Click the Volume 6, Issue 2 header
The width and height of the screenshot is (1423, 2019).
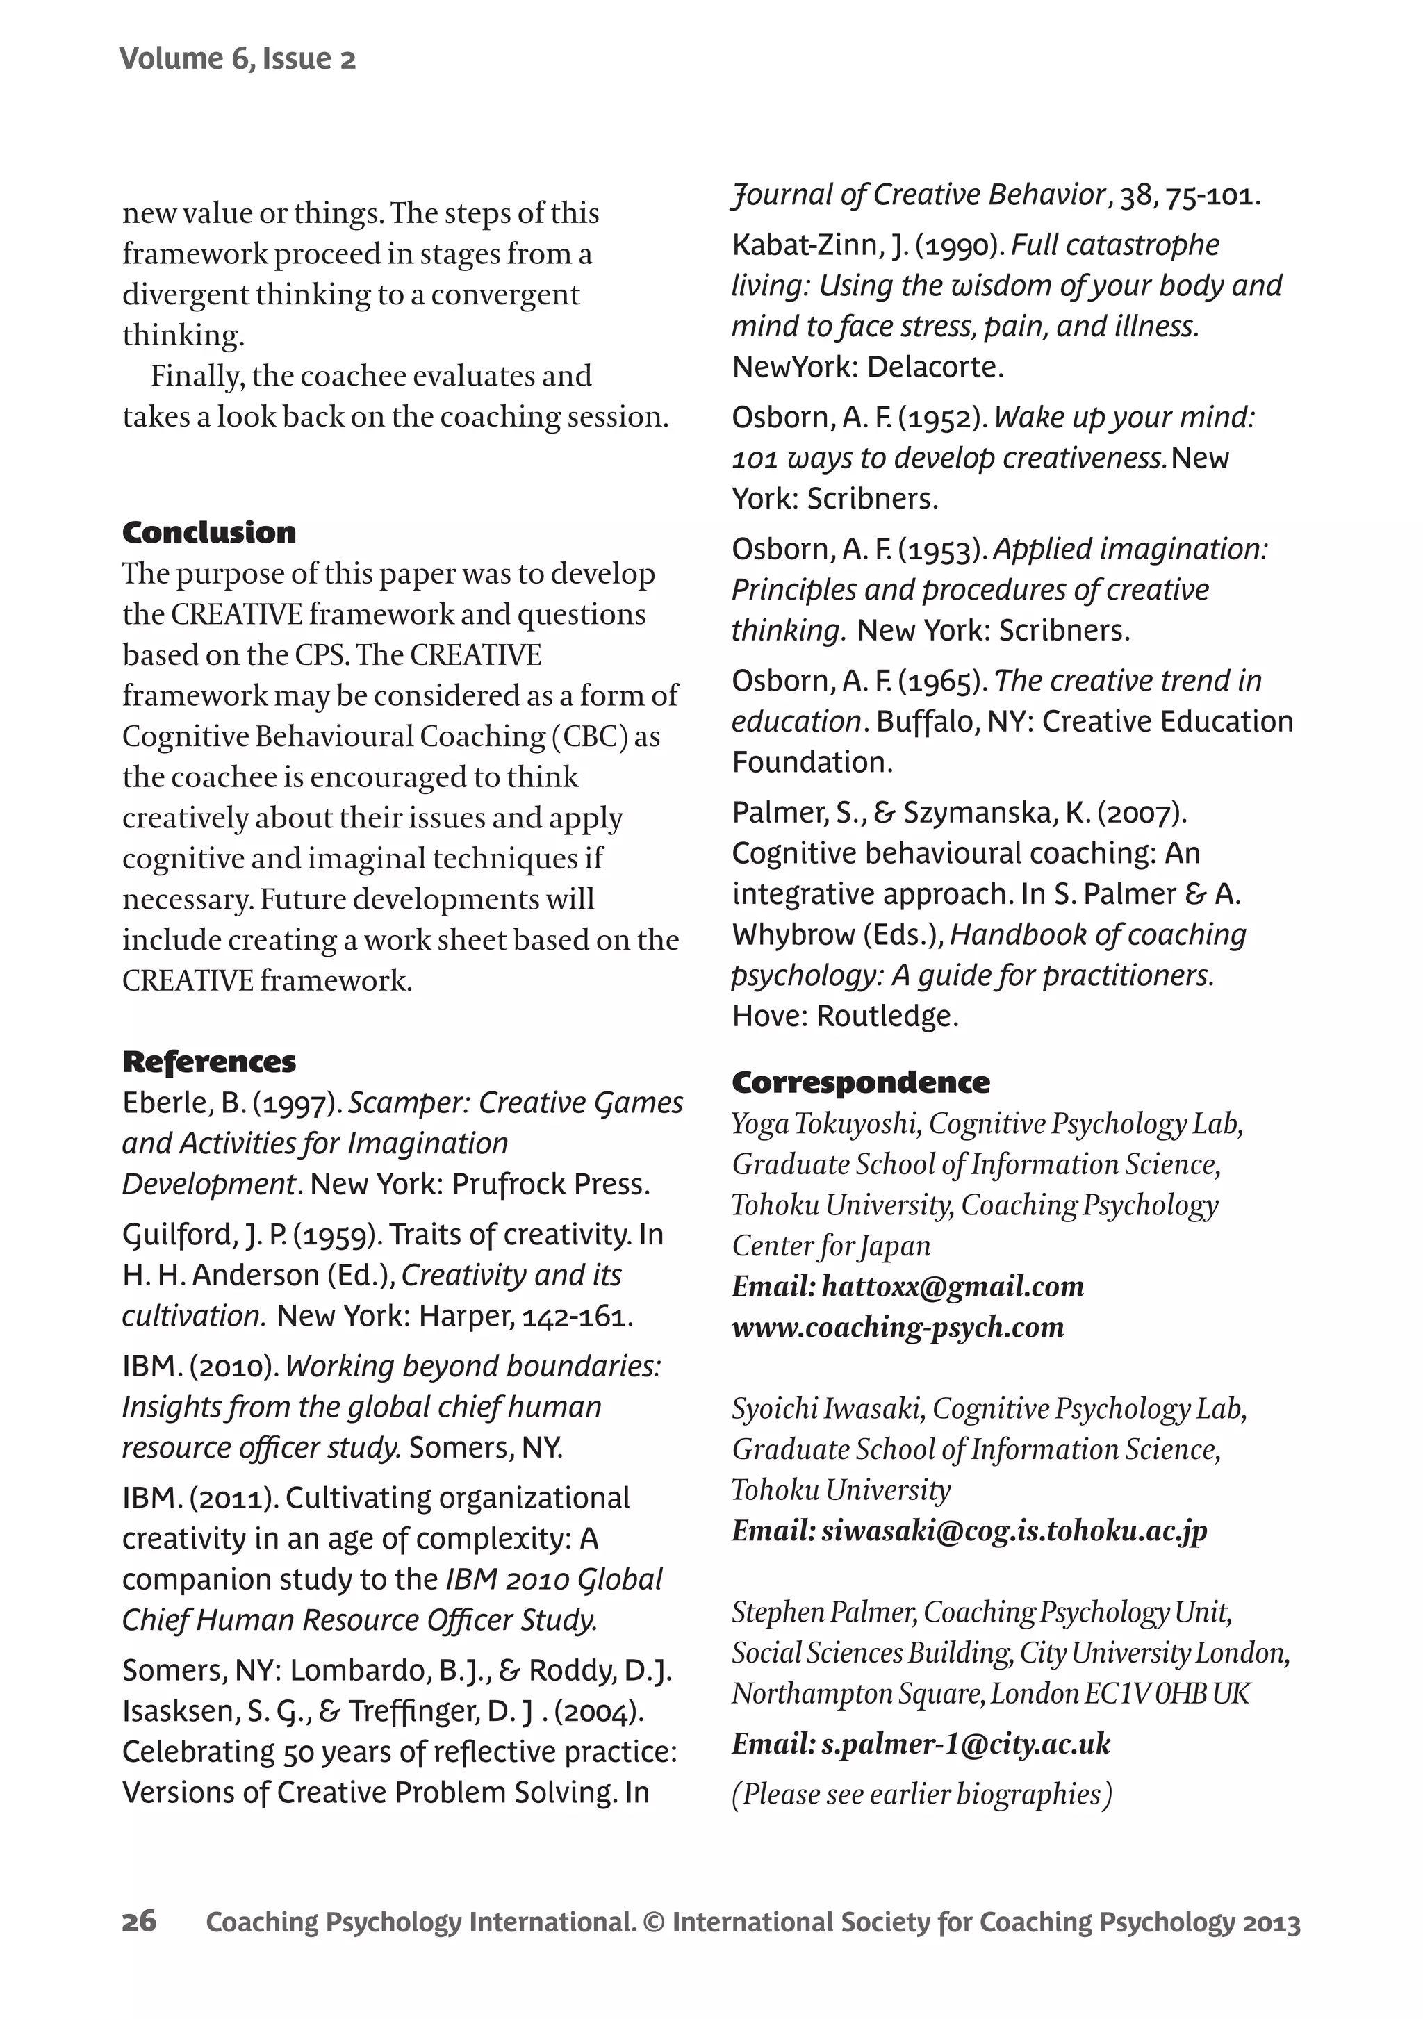click(238, 59)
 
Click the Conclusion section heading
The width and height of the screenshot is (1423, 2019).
click(209, 533)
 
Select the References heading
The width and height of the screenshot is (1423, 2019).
click(209, 1062)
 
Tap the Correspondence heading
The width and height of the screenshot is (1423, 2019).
click(860, 1082)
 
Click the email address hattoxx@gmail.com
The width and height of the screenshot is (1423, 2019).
click(953, 1287)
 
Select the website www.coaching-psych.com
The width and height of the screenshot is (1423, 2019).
click(898, 1327)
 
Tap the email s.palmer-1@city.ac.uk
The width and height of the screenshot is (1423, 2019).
click(966, 1744)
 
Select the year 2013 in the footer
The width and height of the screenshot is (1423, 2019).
click(1271, 1923)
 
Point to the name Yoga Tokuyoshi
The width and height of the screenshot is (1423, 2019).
click(826, 1124)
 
